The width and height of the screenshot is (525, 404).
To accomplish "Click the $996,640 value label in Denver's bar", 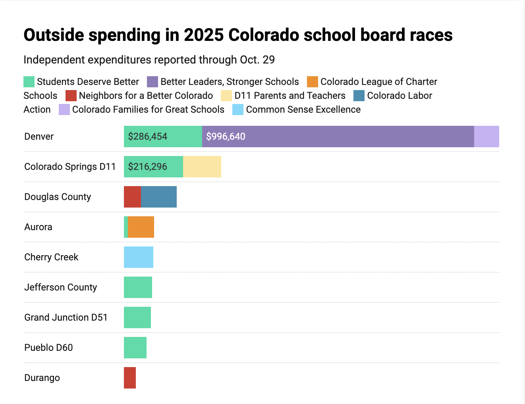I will click(226, 137).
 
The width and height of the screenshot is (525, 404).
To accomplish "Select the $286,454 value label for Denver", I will click(147, 137).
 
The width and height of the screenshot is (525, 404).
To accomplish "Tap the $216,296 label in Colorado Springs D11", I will click(147, 167).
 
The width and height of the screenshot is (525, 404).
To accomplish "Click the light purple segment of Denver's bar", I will click(486, 137).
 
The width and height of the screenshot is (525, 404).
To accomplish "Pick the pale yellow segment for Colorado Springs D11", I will click(202, 167).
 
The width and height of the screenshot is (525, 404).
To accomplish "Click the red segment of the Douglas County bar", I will click(132, 197).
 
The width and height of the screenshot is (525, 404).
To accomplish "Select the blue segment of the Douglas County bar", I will click(159, 197).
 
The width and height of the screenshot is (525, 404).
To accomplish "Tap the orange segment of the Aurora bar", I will click(141, 227).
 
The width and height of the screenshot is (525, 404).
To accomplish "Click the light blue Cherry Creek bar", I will click(139, 257).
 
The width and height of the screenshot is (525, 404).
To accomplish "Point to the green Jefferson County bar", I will click(138, 287).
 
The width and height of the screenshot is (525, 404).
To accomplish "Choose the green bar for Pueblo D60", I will click(135, 348).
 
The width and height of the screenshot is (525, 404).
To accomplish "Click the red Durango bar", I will click(130, 378).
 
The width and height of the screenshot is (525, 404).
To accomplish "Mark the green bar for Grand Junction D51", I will click(137, 317).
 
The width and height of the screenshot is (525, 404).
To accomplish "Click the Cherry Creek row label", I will click(51, 257).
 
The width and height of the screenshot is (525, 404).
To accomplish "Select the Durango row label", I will click(42, 378).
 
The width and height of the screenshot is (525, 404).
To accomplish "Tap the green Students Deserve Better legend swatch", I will click(29, 82).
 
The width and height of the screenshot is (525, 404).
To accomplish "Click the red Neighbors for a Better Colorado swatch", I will click(71, 96).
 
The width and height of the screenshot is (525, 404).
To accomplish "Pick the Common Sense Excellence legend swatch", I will click(238, 110).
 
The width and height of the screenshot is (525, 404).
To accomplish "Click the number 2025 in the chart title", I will click(203, 35).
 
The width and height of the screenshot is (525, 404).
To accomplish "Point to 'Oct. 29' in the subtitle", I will click(257, 60).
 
